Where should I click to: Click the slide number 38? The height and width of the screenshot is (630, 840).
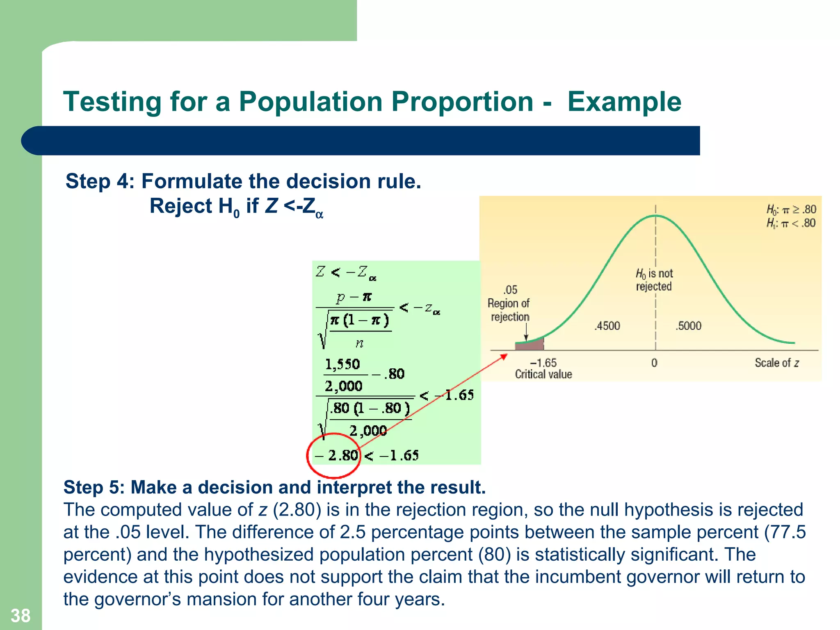pos(21,616)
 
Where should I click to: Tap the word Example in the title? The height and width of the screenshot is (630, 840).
pos(624,102)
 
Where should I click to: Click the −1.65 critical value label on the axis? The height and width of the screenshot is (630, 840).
pos(543,363)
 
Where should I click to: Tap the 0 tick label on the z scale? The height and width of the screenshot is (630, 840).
pos(654,363)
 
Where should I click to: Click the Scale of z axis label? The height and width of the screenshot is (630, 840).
pos(776,363)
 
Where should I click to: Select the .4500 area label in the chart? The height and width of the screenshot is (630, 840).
pos(607,326)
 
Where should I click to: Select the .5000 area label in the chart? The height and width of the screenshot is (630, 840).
pos(689,326)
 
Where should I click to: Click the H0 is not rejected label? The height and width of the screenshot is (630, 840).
pos(654,280)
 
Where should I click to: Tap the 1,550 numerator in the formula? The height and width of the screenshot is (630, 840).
pos(342,364)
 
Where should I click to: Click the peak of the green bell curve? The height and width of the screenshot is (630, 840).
pos(655,216)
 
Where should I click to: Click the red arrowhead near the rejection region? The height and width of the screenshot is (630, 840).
pos(504,356)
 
